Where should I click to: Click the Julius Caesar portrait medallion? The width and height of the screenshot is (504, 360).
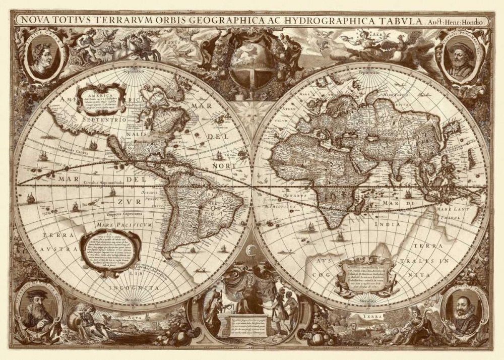click(x=44, y=54)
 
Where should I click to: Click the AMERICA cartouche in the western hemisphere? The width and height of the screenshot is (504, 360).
click(x=101, y=99)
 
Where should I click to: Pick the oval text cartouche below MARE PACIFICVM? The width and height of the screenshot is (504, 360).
click(x=110, y=251)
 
